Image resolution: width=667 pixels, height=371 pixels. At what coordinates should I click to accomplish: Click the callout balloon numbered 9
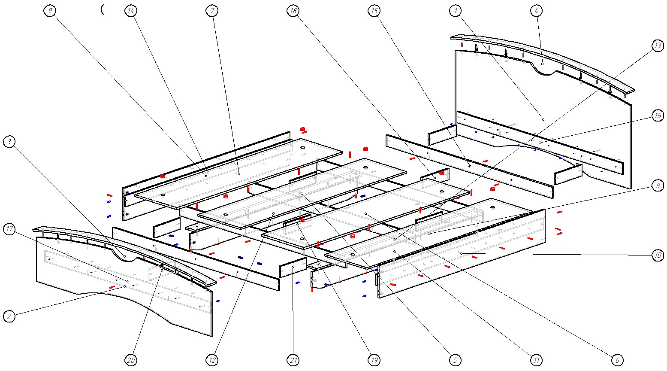pyautogui.click(x=50, y=11)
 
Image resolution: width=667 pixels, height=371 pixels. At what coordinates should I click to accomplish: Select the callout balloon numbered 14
pyautogui.click(x=131, y=11)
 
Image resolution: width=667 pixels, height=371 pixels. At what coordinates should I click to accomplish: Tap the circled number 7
pyautogui.click(x=212, y=11)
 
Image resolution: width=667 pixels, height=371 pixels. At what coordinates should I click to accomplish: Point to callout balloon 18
pyautogui.click(x=293, y=11)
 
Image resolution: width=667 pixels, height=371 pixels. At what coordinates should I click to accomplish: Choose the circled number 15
pyautogui.click(x=374, y=11)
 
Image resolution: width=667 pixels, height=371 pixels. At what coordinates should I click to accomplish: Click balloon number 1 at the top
pyautogui.click(x=455, y=11)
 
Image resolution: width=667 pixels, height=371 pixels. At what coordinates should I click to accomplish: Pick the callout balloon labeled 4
pyautogui.click(x=536, y=11)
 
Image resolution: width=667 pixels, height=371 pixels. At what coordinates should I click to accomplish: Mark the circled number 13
pyautogui.click(x=658, y=46)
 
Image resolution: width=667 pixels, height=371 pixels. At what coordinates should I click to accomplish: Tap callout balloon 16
pyautogui.click(x=658, y=116)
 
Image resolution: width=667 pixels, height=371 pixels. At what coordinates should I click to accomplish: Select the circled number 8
pyautogui.click(x=658, y=185)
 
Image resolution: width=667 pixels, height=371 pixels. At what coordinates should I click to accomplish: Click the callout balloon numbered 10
pyautogui.click(x=658, y=255)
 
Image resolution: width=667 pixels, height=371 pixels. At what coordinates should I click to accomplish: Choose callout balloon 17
pyautogui.click(x=9, y=229)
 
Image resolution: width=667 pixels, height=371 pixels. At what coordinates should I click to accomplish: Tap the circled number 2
pyautogui.click(x=9, y=317)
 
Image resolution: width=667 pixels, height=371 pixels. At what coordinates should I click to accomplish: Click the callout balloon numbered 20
pyautogui.click(x=131, y=360)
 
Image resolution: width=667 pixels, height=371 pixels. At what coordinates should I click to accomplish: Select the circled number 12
pyautogui.click(x=212, y=360)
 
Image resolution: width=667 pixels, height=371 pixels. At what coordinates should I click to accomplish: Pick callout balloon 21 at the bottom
pyautogui.click(x=293, y=360)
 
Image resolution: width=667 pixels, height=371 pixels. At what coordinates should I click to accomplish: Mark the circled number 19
pyautogui.click(x=374, y=360)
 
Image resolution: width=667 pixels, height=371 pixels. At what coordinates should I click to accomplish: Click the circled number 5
pyautogui.click(x=455, y=360)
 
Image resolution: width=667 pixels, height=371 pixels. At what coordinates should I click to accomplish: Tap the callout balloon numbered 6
pyautogui.click(x=617, y=360)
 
